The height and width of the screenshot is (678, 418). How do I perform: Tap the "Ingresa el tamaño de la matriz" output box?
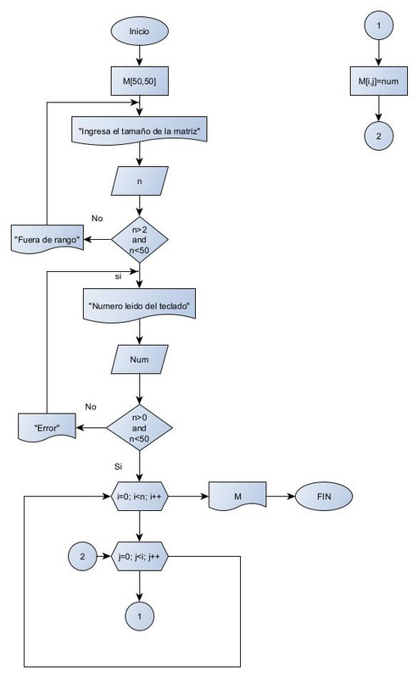[x=141, y=132]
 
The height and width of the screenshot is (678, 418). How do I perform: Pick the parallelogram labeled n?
[x=141, y=182]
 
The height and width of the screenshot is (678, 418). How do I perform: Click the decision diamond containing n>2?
[x=141, y=240]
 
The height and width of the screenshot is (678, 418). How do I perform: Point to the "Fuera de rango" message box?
[x=47, y=240]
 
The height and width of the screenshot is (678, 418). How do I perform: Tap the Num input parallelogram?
[x=141, y=359]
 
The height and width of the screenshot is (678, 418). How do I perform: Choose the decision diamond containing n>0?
[x=141, y=428]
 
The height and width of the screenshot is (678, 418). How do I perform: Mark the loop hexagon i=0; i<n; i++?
[x=141, y=497]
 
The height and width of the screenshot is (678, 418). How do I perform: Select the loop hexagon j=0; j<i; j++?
[x=141, y=557]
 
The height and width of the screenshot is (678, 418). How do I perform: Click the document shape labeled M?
[x=237, y=497]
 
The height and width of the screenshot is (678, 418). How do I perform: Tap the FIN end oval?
[x=322, y=497]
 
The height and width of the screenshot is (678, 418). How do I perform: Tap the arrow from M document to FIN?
[x=280, y=497]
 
